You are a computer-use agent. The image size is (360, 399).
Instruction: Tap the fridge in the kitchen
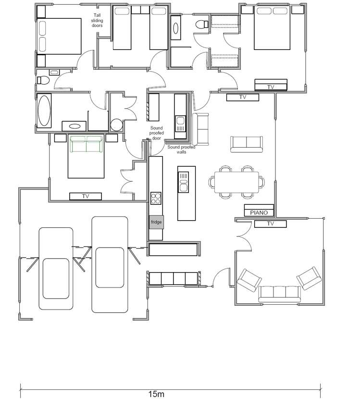coord(156,222)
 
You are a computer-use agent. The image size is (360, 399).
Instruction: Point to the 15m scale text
coord(156,394)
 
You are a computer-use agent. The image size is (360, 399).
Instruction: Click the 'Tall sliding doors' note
coord(98,20)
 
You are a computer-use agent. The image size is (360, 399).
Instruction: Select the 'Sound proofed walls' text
coord(181,149)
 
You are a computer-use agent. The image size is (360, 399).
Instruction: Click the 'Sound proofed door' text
coord(156,133)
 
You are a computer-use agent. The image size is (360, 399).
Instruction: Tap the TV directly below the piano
coord(270,224)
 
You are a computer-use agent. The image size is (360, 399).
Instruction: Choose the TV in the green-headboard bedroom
coord(86,196)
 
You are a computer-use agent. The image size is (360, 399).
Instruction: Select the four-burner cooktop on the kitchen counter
coord(156,198)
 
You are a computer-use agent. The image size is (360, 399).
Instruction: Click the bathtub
coord(44,112)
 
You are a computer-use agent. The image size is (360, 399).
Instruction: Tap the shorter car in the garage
coord(56,269)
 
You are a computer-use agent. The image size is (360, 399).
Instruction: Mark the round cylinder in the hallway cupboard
coord(117,125)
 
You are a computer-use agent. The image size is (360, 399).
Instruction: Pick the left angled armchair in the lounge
coord(249,280)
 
